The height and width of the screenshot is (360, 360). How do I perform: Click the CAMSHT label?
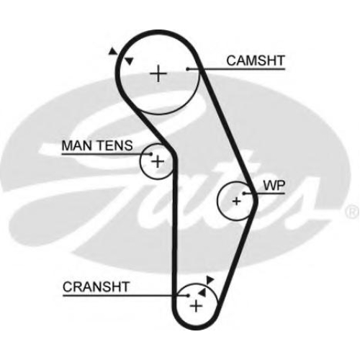pyautogui.click(x=256, y=60)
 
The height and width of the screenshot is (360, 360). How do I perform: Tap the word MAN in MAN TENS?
pyautogui.click(x=74, y=145)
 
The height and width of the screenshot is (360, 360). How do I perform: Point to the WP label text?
pyautogui.click(x=274, y=185)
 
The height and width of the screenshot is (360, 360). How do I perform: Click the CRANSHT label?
pyautogui.click(x=96, y=287)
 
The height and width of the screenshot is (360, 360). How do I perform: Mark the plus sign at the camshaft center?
pyautogui.click(x=158, y=73)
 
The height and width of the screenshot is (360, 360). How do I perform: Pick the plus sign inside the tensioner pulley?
pyautogui.click(x=158, y=161)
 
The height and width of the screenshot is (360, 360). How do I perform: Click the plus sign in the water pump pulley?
pyautogui.click(x=237, y=201)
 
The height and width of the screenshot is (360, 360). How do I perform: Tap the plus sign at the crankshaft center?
pyautogui.click(x=197, y=306)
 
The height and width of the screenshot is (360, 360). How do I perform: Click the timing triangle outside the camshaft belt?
pyautogui.click(x=112, y=51)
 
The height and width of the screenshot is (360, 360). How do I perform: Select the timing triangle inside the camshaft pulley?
pyautogui.click(x=129, y=61)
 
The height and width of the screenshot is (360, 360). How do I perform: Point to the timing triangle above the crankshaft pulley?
pyautogui.click(x=210, y=280)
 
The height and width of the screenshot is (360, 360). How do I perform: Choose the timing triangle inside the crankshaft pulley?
pyautogui.click(x=202, y=292)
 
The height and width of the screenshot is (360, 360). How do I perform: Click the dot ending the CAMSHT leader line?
pyautogui.click(x=188, y=69)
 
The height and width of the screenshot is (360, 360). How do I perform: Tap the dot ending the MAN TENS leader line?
pyautogui.click(x=151, y=154)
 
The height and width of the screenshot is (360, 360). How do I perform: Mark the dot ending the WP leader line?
pyautogui.click(x=243, y=193)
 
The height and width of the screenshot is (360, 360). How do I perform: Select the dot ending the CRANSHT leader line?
pyautogui.click(x=188, y=295)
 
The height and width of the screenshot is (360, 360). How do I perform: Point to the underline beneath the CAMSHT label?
pyautogui.click(x=237, y=69)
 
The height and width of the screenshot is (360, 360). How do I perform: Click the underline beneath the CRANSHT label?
pyautogui.click(x=125, y=295)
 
